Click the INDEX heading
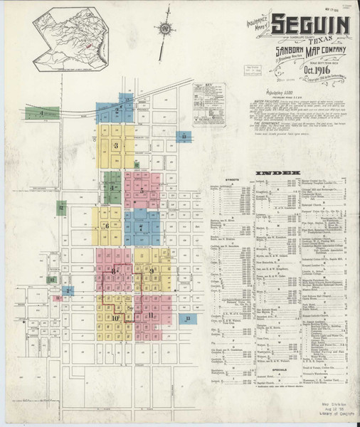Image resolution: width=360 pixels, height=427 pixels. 280,173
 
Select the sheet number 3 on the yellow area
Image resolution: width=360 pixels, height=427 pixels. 115,145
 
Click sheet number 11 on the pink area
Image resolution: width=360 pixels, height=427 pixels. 150,315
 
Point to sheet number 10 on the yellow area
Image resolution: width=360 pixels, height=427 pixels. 115,318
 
